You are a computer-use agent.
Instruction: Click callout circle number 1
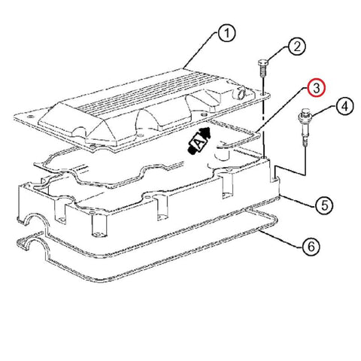point(226,33)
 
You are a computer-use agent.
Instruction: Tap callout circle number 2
point(296,46)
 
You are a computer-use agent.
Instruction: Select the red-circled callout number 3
point(316,88)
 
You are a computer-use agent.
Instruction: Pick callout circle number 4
point(345,106)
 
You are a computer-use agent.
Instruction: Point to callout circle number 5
point(324,205)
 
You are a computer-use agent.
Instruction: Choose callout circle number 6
point(311,247)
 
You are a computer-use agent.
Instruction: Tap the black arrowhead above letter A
point(205,132)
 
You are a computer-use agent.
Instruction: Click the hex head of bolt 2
point(262,62)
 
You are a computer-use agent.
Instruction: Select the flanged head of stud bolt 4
point(305,115)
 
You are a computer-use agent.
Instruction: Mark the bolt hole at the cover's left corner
point(31,117)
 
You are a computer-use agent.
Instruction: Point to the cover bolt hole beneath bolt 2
point(263,94)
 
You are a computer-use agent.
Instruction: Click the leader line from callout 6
point(281,239)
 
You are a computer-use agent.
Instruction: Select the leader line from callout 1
point(200,50)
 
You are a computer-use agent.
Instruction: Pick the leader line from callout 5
point(298,201)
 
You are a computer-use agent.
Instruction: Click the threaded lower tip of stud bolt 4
point(305,144)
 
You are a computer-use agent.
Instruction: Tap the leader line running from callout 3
point(281,110)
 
